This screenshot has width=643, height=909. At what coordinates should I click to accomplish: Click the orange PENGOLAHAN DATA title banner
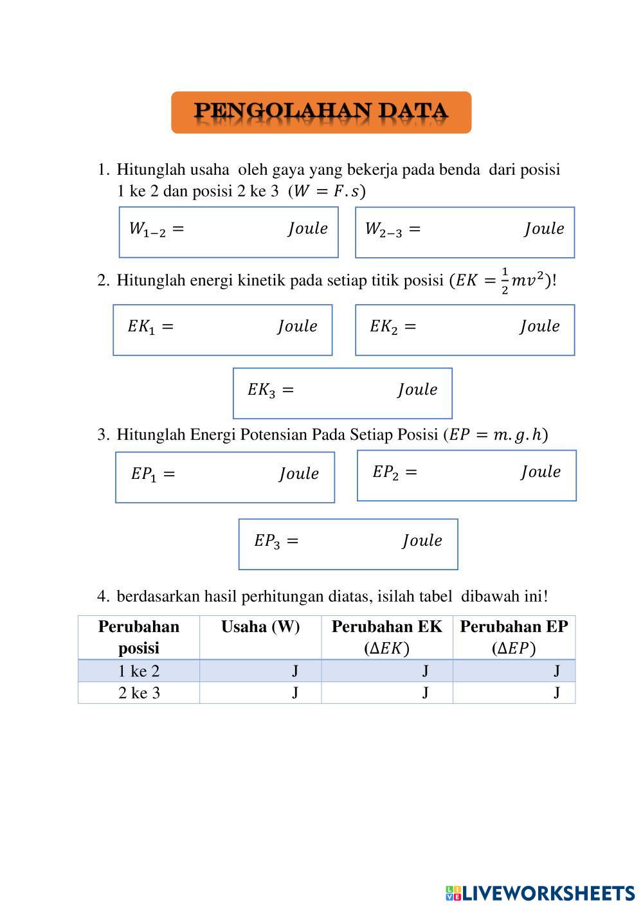321,113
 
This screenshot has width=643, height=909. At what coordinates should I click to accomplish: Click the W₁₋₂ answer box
228,232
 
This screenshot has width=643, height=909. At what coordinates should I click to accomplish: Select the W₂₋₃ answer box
464,232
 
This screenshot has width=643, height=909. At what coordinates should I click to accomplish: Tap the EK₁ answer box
222,330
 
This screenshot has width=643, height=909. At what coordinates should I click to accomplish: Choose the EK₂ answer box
464,330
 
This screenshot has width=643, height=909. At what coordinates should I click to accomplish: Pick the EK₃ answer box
342,393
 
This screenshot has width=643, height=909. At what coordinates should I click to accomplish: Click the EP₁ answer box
225,477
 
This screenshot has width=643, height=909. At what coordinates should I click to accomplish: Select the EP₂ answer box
466,475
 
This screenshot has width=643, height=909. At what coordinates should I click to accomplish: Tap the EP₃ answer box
348,544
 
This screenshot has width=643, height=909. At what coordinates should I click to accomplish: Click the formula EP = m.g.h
496,435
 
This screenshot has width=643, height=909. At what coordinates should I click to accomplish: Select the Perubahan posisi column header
139,637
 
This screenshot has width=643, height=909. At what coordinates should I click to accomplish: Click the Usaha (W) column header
260,627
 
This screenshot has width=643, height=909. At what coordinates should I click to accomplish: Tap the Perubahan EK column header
386,637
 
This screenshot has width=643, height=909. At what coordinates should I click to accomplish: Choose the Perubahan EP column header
514,637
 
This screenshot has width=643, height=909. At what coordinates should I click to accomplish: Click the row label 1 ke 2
139,671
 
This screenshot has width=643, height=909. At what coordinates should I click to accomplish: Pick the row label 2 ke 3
139,693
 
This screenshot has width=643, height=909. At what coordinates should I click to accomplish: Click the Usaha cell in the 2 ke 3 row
260,693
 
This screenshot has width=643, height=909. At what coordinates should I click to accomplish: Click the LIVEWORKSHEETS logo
539,893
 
